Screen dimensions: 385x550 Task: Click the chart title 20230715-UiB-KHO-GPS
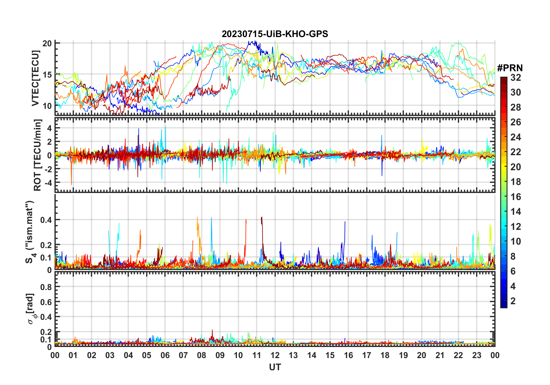[x=275, y=34]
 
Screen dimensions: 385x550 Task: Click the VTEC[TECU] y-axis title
[x=36, y=78]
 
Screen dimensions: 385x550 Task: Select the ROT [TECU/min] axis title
[x=38, y=155]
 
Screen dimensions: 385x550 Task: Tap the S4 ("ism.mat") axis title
[x=30, y=232]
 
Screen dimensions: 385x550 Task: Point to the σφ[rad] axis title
[x=32, y=309]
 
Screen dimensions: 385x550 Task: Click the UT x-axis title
[x=275, y=367]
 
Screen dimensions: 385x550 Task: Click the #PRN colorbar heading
[x=510, y=68]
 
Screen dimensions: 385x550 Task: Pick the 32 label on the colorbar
[x=516, y=78]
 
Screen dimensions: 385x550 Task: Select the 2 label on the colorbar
[x=513, y=301]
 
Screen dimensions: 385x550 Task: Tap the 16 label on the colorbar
[x=516, y=197]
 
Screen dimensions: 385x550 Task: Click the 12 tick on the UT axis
[x=275, y=355]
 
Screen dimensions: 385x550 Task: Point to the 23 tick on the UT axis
[x=477, y=355]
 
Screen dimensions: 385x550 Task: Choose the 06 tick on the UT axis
[x=165, y=355]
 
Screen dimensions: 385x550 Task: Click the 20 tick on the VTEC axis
[x=47, y=43]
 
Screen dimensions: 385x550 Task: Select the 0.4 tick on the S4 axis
[x=46, y=220]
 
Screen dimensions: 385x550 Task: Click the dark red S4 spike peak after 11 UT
[x=262, y=217]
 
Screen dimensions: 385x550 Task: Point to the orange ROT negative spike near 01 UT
[x=71, y=184]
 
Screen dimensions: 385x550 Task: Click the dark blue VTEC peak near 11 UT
[x=249, y=42]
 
